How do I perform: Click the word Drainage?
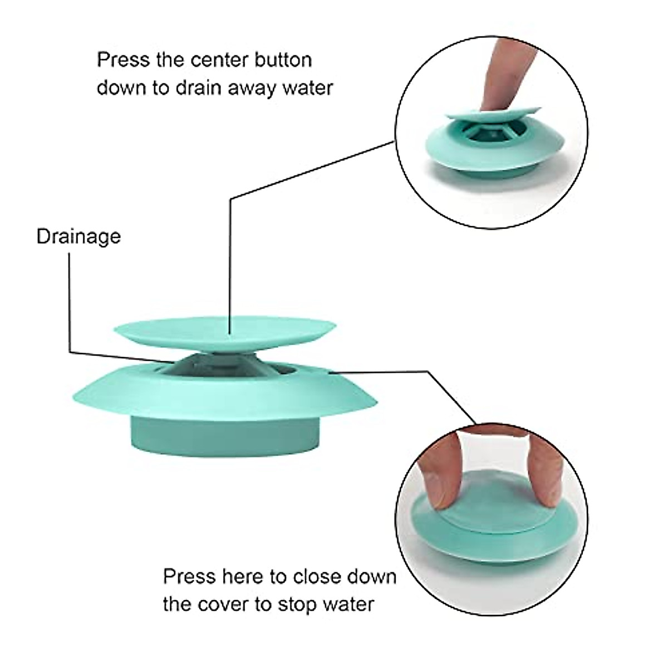coord(78,237)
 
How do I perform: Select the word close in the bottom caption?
coord(315,576)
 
